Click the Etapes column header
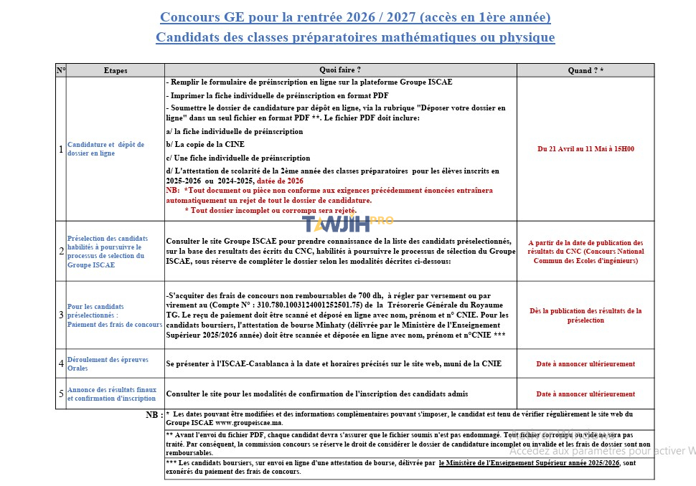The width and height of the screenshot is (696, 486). [x=116, y=70]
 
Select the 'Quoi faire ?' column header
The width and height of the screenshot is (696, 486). [x=340, y=70]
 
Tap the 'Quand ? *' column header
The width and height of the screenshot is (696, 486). [x=586, y=70]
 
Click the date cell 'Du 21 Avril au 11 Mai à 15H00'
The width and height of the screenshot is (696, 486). [x=586, y=149]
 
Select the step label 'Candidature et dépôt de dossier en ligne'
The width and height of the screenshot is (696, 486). [x=105, y=149]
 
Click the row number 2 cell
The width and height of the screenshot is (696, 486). [x=61, y=251]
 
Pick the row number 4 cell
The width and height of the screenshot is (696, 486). [x=61, y=363]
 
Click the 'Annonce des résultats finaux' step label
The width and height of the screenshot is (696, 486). [x=111, y=394]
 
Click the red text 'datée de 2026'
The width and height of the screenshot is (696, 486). [x=280, y=181]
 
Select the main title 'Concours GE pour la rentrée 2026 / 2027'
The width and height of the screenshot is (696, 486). [x=355, y=16]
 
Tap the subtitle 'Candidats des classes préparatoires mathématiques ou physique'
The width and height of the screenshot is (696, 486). [x=355, y=37]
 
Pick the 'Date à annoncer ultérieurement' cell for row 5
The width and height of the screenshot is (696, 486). [x=586, y=394]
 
